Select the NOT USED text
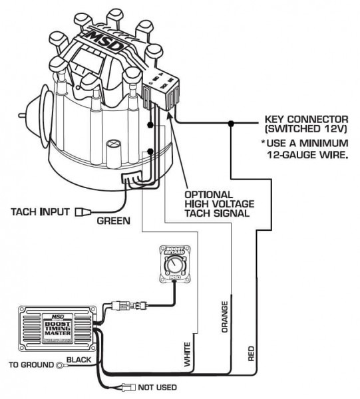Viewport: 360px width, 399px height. point(158,387)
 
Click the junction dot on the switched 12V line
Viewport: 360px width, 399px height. point(230,124)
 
